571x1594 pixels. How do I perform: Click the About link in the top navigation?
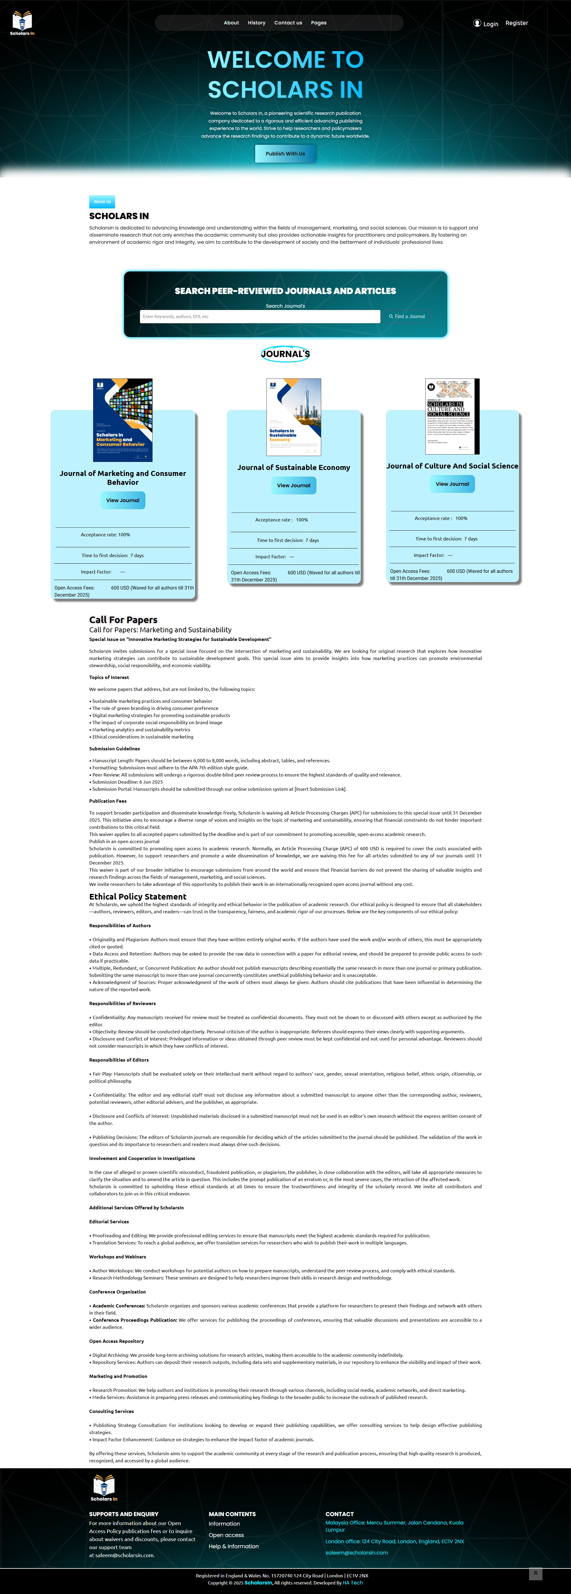pos(231,23)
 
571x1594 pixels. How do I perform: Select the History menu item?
pos(256,23)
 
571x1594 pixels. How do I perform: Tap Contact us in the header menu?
pos(288,23)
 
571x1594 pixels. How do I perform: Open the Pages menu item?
pos(319,23)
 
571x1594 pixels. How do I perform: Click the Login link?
pos(486,23)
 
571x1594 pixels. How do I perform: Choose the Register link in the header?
pos(517,23)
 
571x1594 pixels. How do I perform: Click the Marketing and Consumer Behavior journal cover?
pos(123,420)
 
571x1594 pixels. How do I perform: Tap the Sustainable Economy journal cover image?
pos(294,417)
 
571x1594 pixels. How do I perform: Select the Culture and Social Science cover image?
pos(452,416)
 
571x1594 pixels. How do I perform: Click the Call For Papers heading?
pos(123,620)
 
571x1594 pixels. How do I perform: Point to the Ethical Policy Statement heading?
pos(137,897)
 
